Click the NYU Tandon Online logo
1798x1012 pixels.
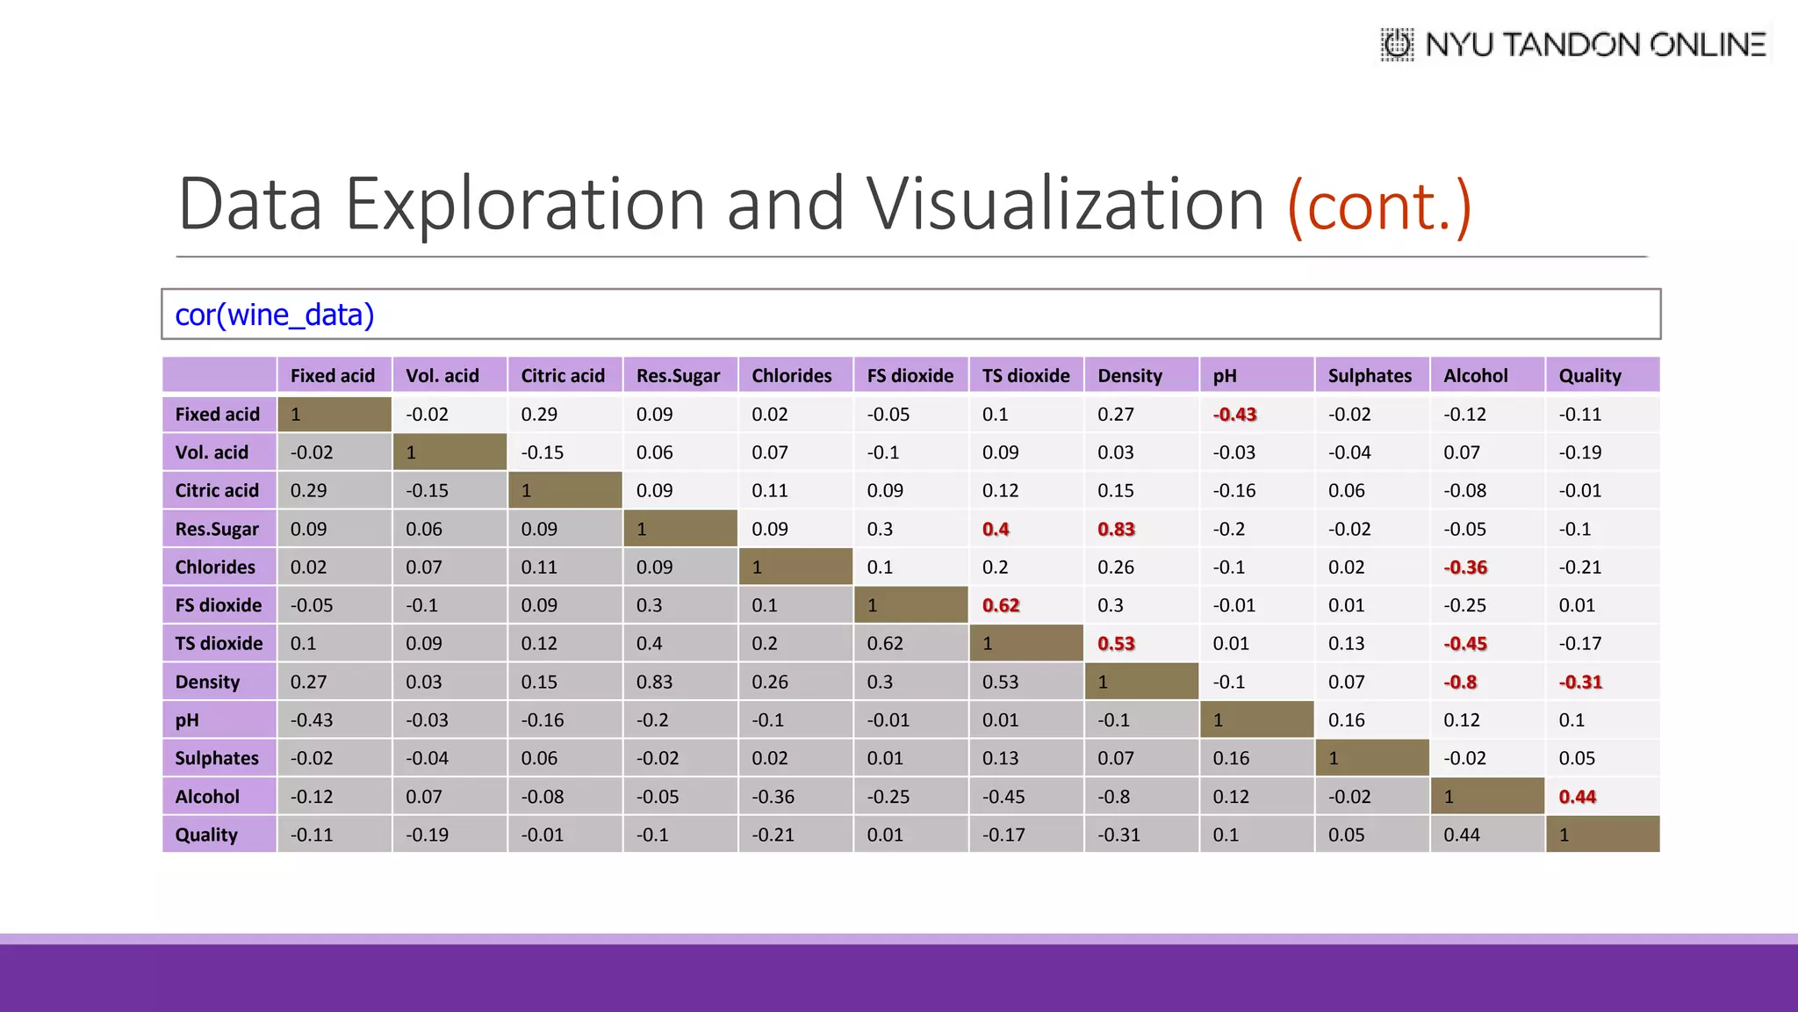click(1573, 44)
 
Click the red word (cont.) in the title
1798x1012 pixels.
click(1379, 206)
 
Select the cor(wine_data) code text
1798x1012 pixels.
click(275, 314)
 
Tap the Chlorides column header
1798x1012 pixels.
click(791, 376)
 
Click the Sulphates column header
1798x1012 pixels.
click(1370, 376)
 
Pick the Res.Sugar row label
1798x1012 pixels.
click(217, 529)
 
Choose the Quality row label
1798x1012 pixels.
click(206, 835)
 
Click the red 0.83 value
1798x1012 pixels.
click(1116, 529)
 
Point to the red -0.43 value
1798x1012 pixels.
click(1234, 415)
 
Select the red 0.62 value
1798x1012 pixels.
click(1001, 605)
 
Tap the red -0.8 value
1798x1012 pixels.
click(1460, 682)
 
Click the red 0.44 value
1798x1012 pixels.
click(1577, 797)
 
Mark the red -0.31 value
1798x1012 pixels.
click(1580, 682)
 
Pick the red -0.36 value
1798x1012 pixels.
click(1465, 567)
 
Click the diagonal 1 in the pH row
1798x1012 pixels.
click(1218, 720)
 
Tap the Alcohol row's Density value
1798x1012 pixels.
click(1113, 797)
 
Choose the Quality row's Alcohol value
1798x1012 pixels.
click(1461, 835)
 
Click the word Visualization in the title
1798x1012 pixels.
click(1065, 204)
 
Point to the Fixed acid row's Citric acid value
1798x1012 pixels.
click(538, 415)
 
